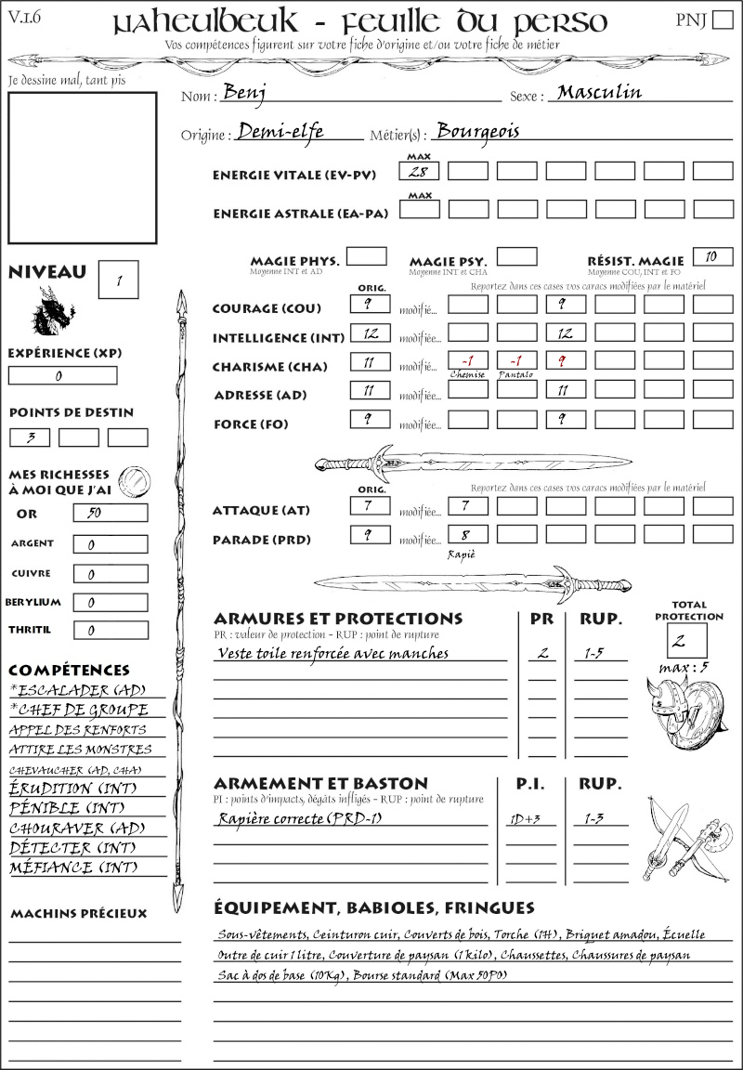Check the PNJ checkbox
pyautogui.click(x=722, y=20)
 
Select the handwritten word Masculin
pyautogui.click(x=600, y=93)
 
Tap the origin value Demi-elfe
pyautogui.click(x=280, y=132)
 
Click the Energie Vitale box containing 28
pyautogui.click(x=419, y=171)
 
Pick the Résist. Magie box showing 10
pyautogui.click(x=711, y=256)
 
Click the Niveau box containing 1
pyautogui.click(x=119, y=279)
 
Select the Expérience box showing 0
pyautogui.click(x=62, y=376)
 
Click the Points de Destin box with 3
pyautogui.click(x=30, y=437)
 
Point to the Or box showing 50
pyautogui.click(x=110, y=513)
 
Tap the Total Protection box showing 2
pyautogui.click(x=686, y=641)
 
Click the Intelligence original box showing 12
pyautogui.click(x=369, y=333)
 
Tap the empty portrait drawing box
pyautogui.click(x=82, y=167)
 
